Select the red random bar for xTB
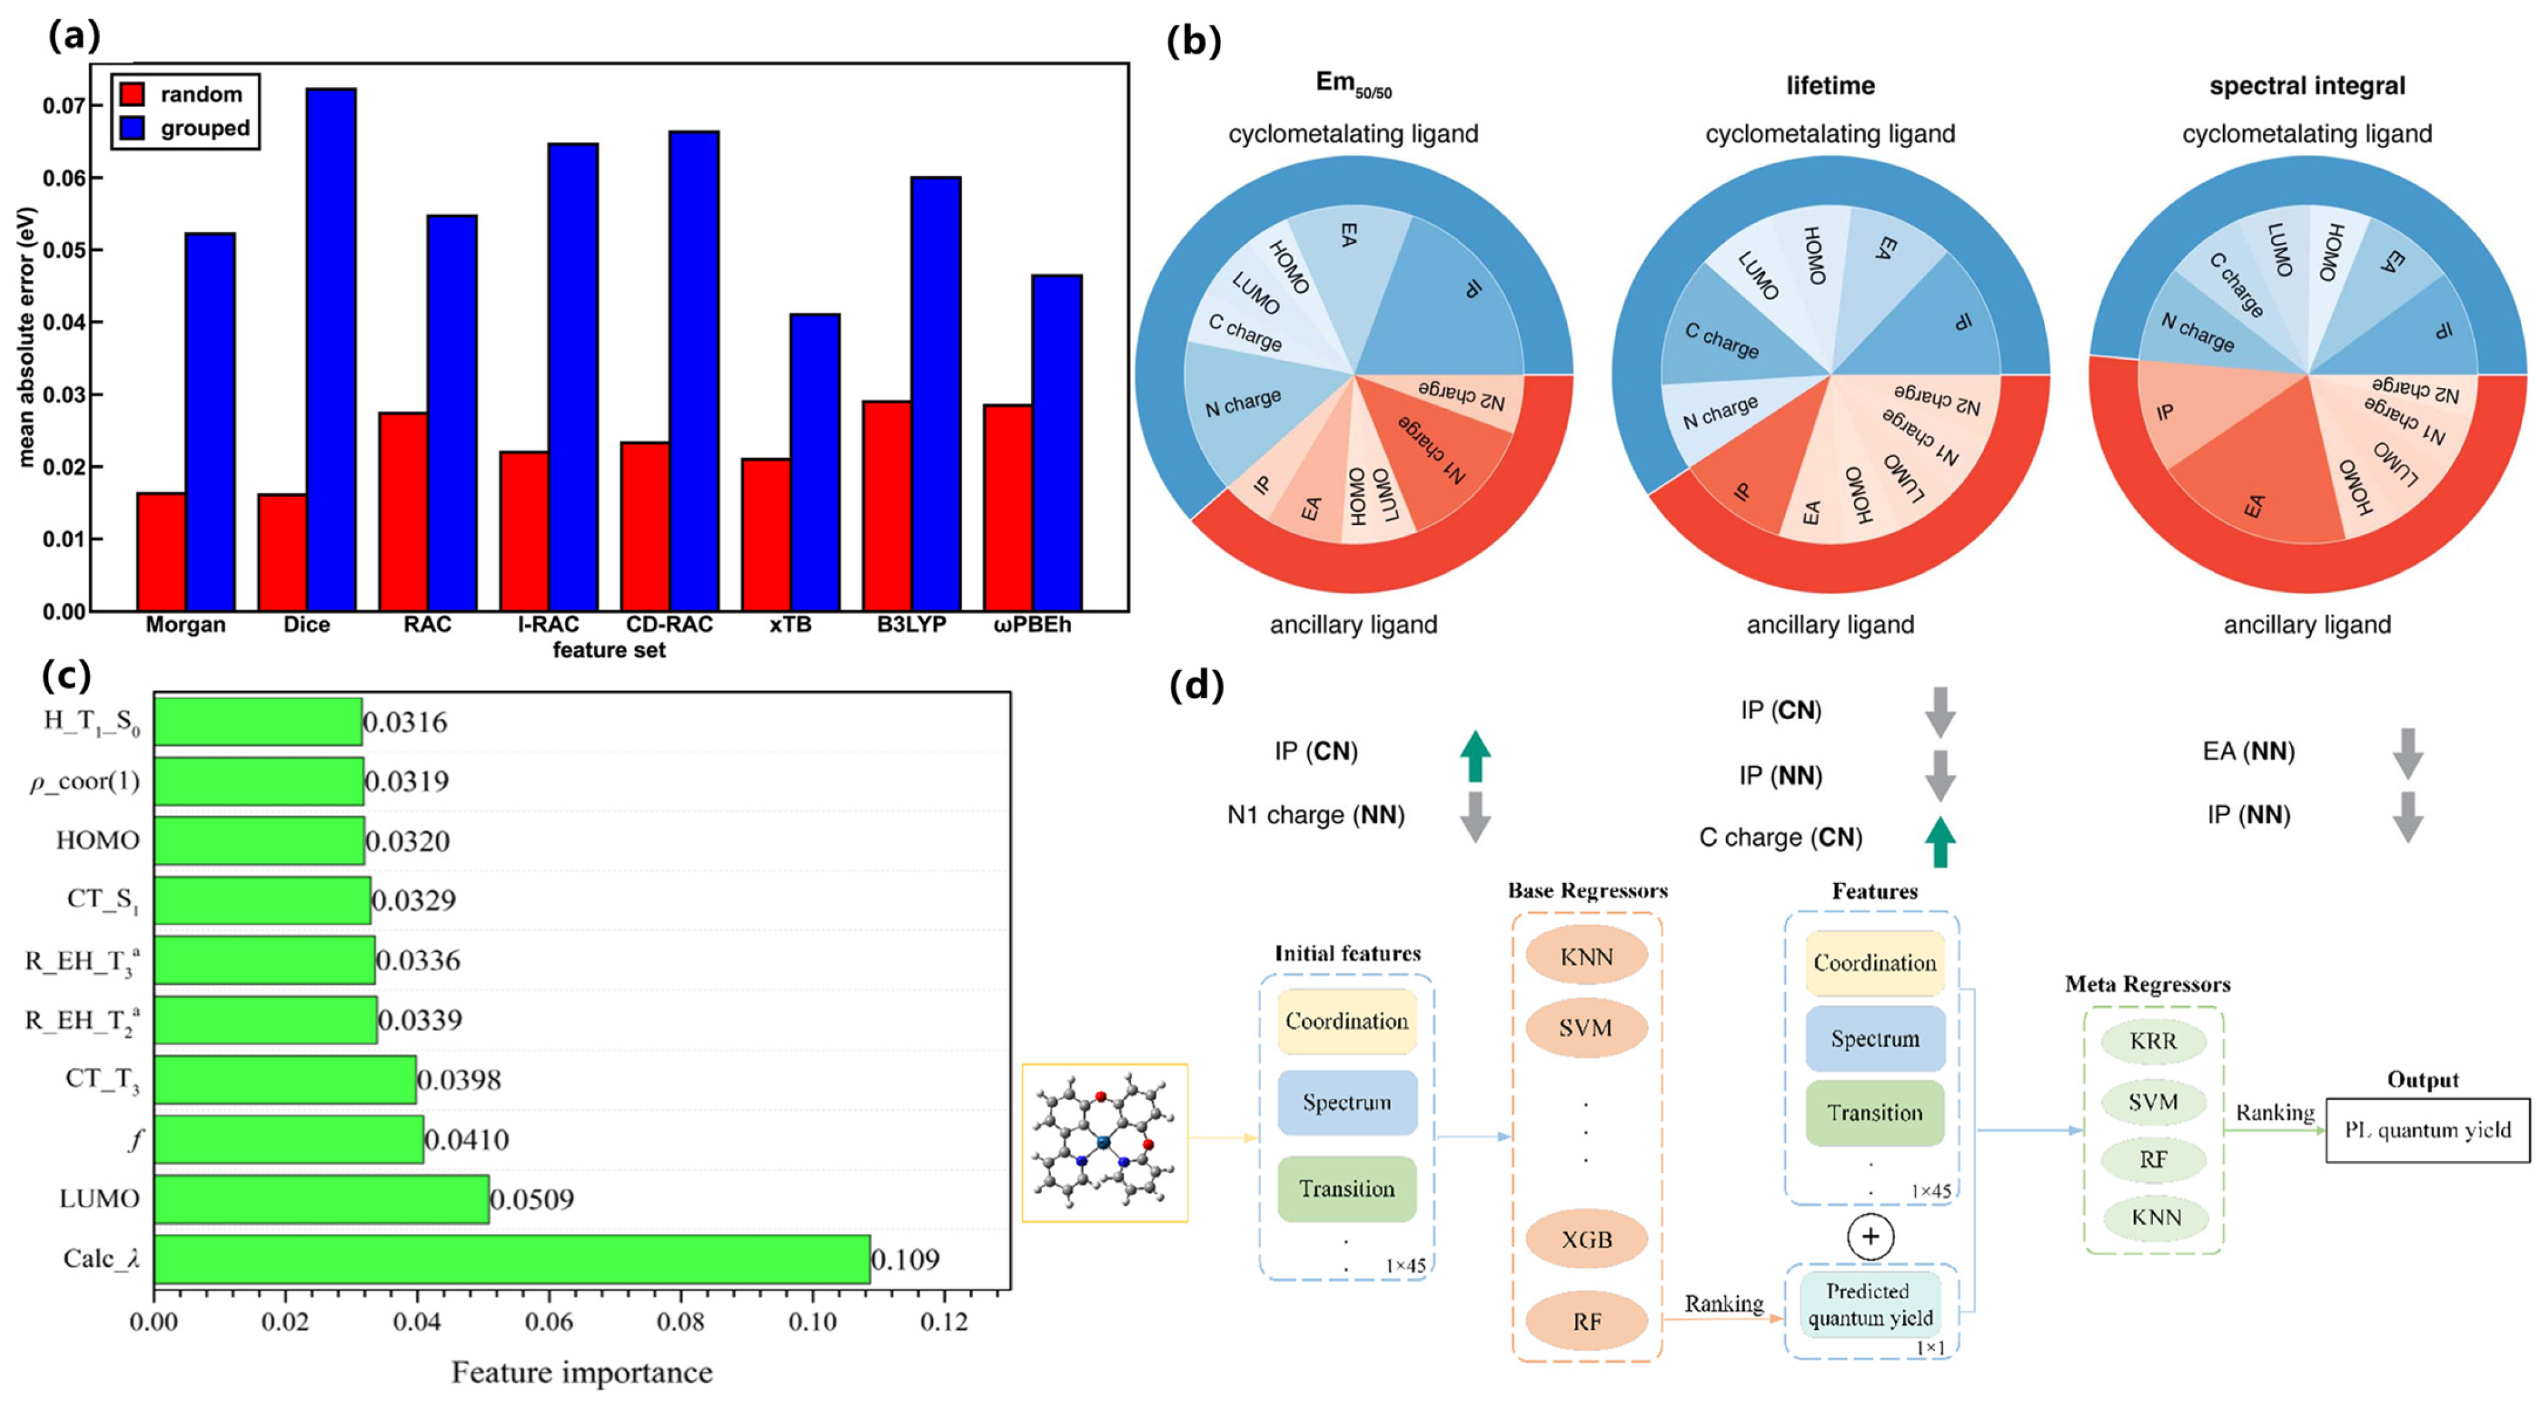[x=765, y=534]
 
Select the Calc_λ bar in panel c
[x=511, y=1259]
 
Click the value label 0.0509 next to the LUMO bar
[x=532, y=1199]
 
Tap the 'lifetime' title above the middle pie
[x=1830, y=86]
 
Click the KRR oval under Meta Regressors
[x=2153, y=1041]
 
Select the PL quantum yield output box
[x=2427, y=1130]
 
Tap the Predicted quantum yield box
[x=1869, y=1304]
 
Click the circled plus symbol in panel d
[x=1869, y=1237]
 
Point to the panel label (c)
[x=67, y=675]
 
